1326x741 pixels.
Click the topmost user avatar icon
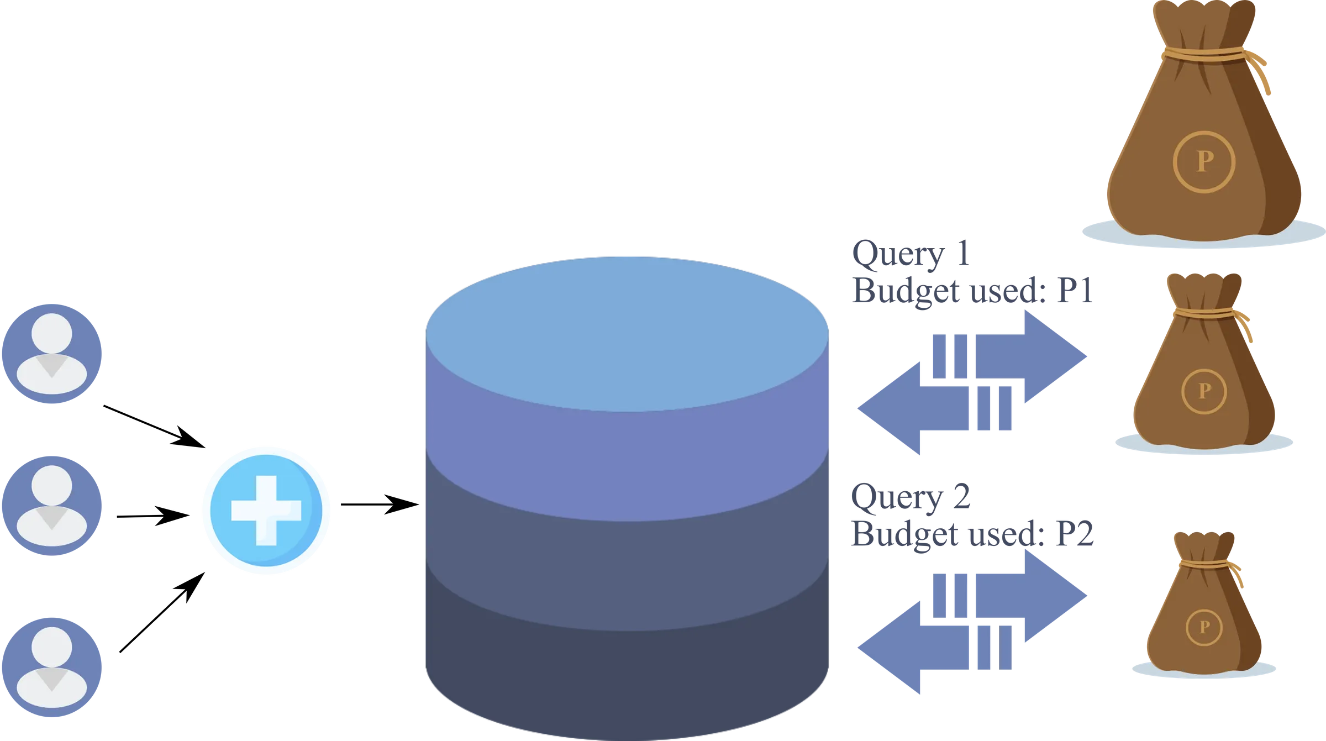click(52, 354)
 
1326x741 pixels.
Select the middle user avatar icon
click(52, 506)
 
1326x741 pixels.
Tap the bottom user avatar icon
click(52, 667)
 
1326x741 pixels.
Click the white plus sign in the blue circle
click(266, 511)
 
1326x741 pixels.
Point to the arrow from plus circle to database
click(380, 504)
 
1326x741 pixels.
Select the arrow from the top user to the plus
click(155, 427)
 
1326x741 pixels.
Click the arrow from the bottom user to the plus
click(162, 612)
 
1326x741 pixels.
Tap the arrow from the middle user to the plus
click(154, 516)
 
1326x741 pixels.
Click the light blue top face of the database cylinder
click(627, 334)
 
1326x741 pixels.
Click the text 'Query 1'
click(911, 255)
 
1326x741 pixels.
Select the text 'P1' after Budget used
click(1075, 290)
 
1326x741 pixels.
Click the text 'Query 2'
click(911, 497)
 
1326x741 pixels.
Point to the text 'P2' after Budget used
click(1075, 534)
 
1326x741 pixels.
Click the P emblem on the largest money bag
click(1204, 162)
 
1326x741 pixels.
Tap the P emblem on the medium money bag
click(1204, 391)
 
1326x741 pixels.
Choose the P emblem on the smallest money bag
click(1204, 627)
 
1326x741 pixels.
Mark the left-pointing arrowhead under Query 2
click(889, 648)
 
